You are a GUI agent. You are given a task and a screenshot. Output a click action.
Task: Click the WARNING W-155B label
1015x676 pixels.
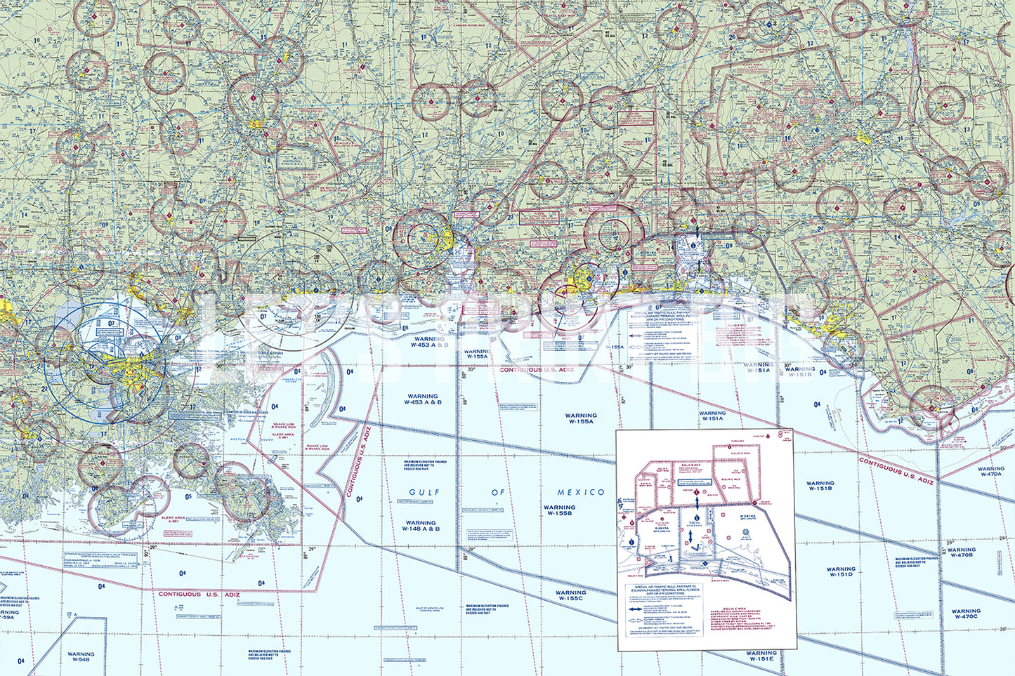(x=559, y=510)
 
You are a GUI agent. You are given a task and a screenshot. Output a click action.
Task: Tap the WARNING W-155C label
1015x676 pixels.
(x=570, y=596)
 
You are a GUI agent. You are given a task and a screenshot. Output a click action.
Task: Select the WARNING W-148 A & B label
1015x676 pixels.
(x=421, y=526)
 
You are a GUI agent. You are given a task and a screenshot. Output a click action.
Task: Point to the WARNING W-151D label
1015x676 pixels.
(x=840, y=572)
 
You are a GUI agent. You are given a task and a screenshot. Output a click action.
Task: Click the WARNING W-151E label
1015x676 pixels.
(x=761, y=656)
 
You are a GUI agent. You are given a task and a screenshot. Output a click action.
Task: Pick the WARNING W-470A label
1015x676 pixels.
(x=990, y=471)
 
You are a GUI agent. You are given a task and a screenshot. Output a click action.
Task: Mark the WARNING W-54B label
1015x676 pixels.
(x=81, y=657)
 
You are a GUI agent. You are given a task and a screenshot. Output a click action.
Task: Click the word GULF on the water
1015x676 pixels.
(x=424, y=493)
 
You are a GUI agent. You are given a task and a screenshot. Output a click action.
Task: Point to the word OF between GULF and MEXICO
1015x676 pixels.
(x=498, y=493)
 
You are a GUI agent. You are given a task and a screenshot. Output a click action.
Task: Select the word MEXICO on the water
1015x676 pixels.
(x=581, y=493)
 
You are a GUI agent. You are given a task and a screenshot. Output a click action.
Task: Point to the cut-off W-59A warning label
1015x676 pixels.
(x=7, y=616)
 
